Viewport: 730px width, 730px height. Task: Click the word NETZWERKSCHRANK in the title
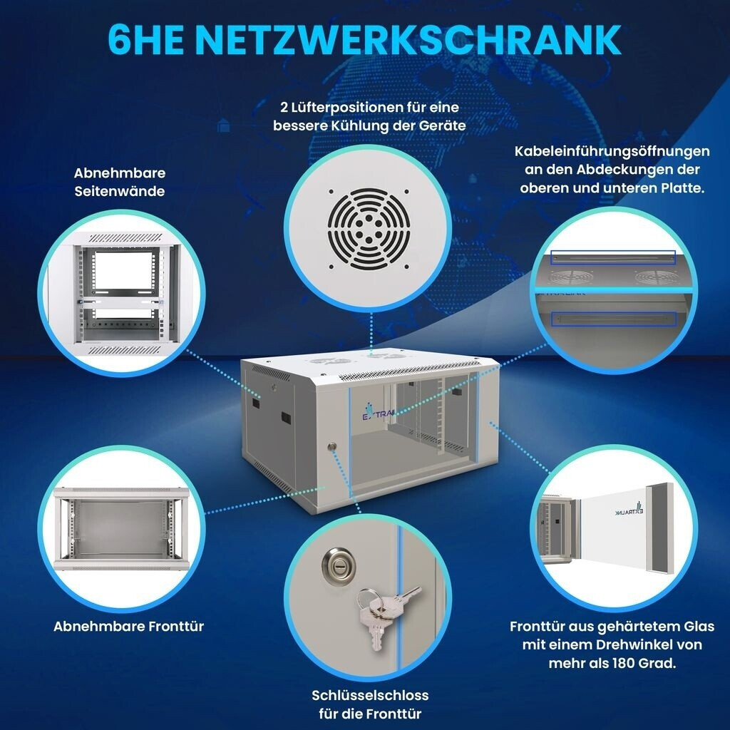click(408, 40)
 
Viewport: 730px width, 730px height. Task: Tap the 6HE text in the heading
click(145, 40)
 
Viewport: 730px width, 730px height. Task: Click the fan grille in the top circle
click(369, 229)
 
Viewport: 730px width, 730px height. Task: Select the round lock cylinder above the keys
click(339, 565)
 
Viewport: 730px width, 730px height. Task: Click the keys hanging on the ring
click(384, 615)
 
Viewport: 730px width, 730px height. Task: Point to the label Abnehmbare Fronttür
click(128, 626)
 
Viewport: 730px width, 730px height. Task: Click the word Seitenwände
click(120, 191)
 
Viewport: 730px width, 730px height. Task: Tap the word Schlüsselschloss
click(370, 695)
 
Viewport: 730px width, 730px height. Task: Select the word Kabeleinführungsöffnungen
click(612, 152)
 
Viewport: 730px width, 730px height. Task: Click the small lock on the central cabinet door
click(332, 446)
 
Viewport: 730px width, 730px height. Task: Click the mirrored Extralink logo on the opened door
click(629, 509)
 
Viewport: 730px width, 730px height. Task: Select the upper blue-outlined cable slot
click(612, 257)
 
